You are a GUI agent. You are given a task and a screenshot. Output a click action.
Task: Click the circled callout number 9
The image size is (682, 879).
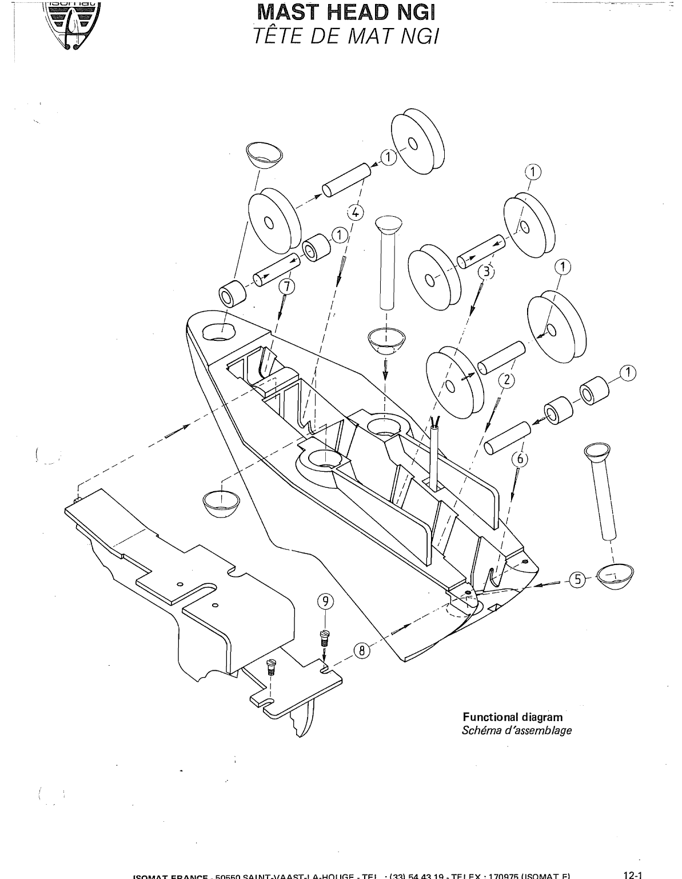pos(325,601)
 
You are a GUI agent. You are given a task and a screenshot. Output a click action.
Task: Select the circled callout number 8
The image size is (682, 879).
pos(361,650)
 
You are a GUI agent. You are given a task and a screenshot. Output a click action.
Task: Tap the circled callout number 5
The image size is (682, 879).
pos(577,580)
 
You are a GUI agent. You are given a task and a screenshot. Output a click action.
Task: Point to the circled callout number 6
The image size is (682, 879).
pos(520,458)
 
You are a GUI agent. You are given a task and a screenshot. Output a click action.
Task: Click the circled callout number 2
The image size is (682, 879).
pos(506,379)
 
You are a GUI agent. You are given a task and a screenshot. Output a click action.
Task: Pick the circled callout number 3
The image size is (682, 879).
pos(485,272)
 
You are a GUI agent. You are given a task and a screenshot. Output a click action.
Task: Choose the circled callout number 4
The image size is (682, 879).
pos(354,212)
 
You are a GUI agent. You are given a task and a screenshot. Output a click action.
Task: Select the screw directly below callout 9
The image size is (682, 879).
pos(325,637)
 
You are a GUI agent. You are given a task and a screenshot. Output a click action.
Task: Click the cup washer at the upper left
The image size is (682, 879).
pos(263,154)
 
